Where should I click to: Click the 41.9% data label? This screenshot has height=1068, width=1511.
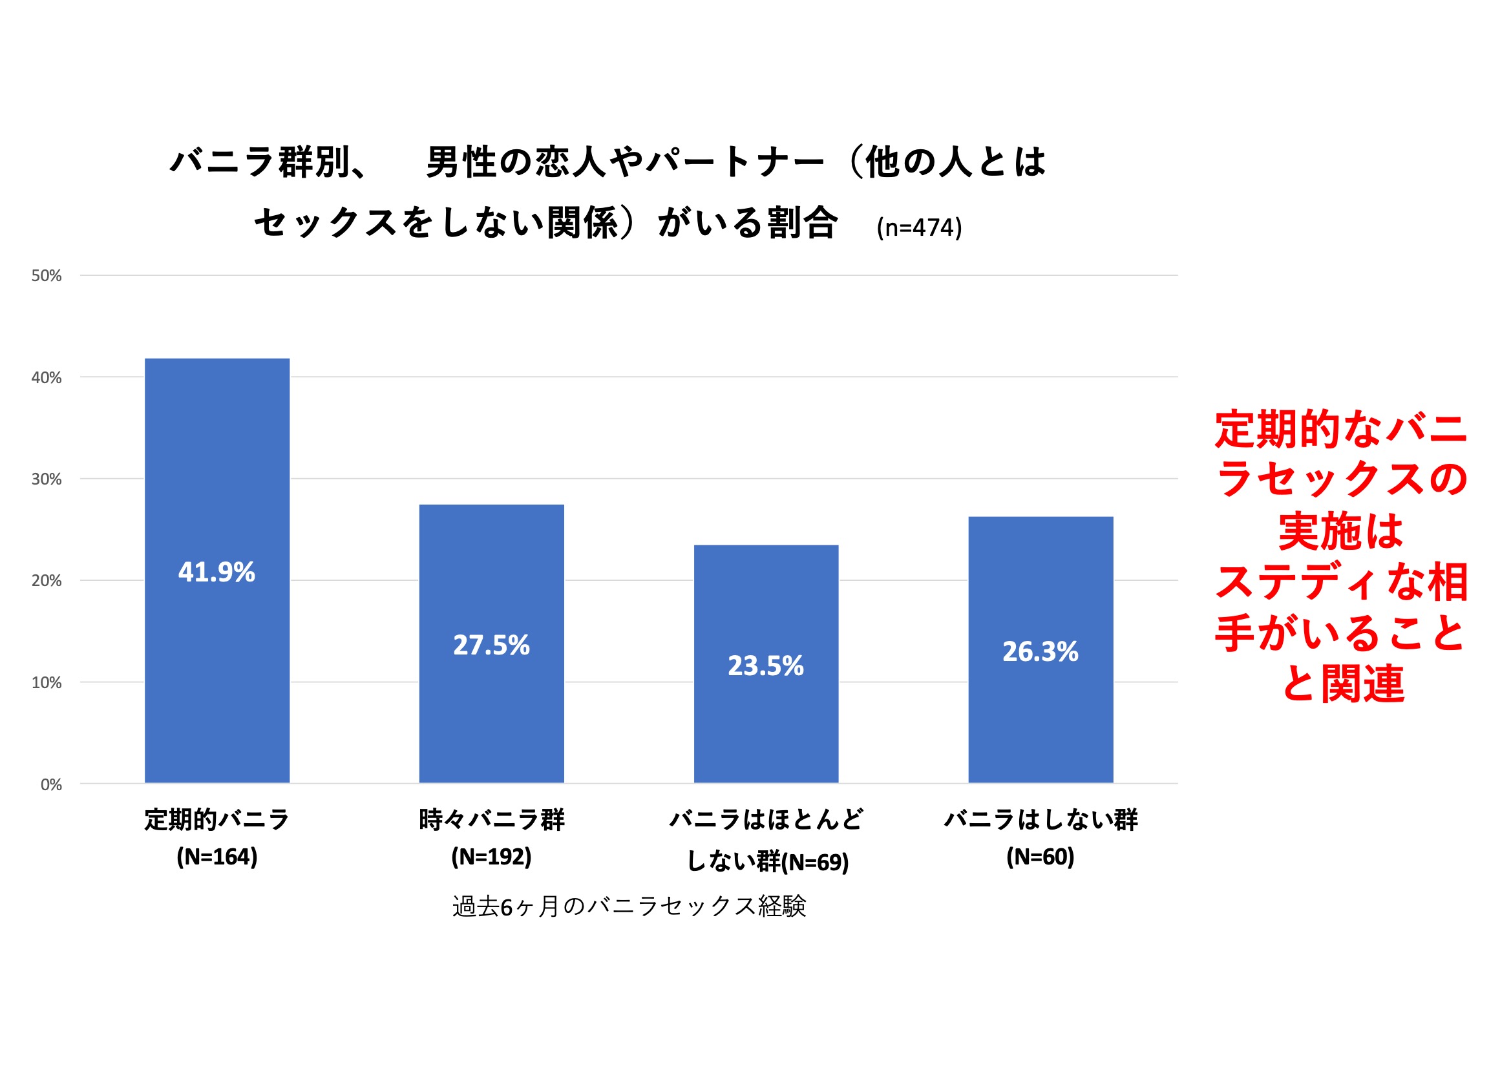tap(217, 572)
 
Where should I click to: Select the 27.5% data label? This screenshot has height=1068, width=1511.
tap(491, 645)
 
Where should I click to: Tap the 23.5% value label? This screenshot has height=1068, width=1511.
tap(765, 665)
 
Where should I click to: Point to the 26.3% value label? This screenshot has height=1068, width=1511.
tap(1041, 651)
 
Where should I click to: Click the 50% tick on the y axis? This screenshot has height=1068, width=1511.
tap(47, 276)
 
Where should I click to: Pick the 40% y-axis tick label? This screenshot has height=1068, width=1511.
tap(47, 378)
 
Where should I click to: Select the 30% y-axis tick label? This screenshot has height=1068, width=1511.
tap(47, 479)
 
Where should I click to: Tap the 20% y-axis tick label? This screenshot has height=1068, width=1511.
tap(47, 580)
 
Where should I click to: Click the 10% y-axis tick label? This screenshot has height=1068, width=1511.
tap(47, 682)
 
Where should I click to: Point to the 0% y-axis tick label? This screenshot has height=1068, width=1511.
tap(51, 784)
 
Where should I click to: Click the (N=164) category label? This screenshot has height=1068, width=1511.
tap(217, 857)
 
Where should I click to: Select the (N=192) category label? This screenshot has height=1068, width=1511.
tap(491, 857)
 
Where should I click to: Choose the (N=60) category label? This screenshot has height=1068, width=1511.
tap(1040, 857)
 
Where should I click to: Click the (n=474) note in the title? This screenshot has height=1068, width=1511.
tap(919, 227)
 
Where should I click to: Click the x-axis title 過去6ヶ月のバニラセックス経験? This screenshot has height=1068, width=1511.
tap(628, 906)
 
